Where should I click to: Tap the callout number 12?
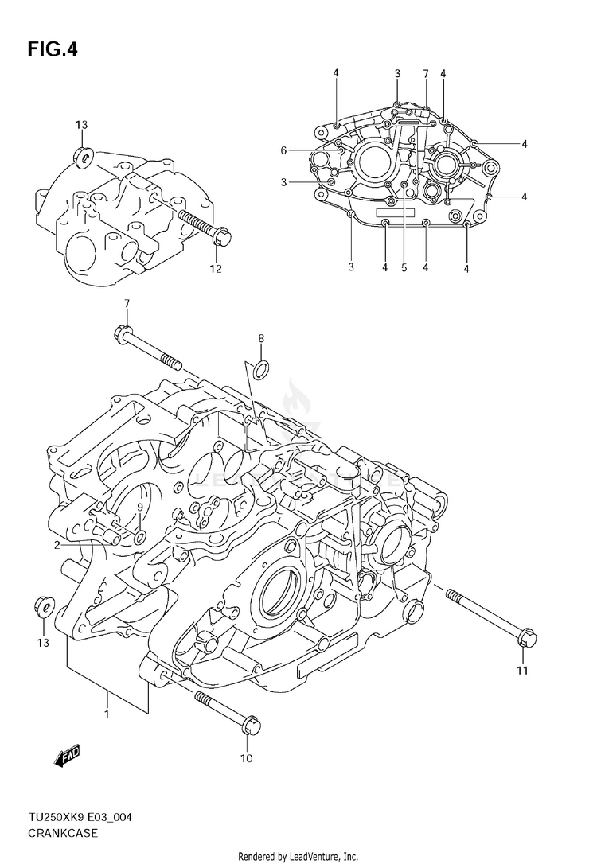pos(215,269)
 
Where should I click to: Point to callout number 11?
pos(522,670)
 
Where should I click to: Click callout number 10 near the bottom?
pos(246,758)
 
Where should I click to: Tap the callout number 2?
pos(57,545)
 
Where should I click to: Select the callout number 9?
pos(139,508)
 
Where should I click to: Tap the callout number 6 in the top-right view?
pos(283,150)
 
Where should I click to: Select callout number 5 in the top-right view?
pos(404,267)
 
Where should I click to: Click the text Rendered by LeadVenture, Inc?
pos(298,856)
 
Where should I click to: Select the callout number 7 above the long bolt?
pos(126,304)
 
